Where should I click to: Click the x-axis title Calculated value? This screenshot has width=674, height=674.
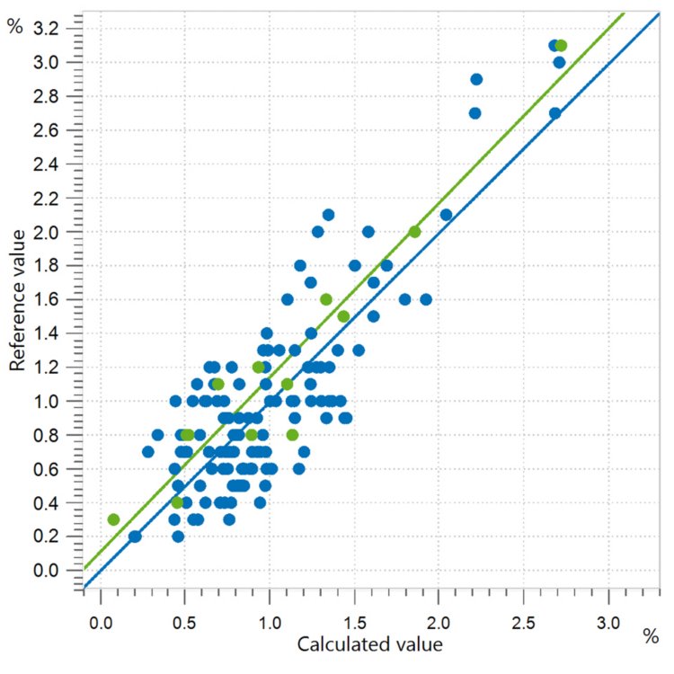[369, 643]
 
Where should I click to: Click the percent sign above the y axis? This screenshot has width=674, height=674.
[14, 25]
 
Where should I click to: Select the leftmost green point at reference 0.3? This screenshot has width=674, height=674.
[113, 519]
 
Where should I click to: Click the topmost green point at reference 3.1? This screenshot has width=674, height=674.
[561, 46]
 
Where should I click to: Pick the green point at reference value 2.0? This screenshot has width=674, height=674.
[414, 232]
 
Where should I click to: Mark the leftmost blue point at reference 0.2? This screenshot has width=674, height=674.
[135, 537]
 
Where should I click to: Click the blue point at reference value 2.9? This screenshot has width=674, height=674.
[476, 79]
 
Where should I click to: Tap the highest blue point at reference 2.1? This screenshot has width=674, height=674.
[328, 215]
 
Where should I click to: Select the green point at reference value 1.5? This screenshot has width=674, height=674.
[343, 316]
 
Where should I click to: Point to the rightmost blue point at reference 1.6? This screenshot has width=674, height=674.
[426, 299]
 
